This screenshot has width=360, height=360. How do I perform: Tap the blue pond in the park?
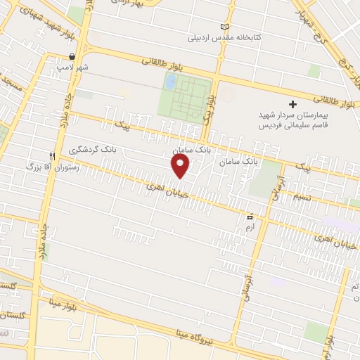coord(170,82)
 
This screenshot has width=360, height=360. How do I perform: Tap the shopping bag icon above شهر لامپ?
coord(72,56)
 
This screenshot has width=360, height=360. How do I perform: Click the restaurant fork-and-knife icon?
coord(51,156)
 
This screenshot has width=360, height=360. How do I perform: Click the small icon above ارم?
coord(248,217)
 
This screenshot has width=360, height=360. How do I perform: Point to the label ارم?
coord(248,228)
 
